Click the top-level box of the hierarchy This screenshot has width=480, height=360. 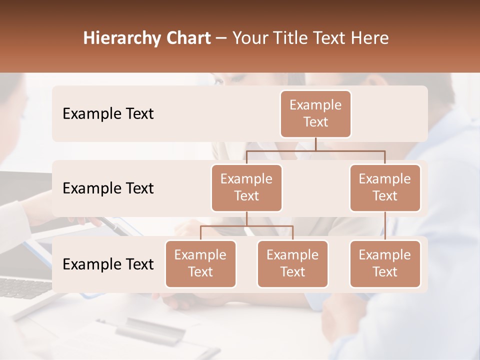(x=315, y=113)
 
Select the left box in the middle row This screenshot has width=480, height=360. (x=246, y=187)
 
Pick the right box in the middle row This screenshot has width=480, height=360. (x=385, y=187)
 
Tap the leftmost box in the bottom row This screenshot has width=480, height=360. (x=200, y=263)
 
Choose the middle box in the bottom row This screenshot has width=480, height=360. (x=292, y=263)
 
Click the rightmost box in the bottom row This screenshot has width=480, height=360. (x=385, y=263)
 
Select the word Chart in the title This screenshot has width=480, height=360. (x=186, y=38)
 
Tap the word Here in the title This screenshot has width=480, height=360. (x=370, y=38)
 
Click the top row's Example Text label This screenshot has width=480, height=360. (x=108, y=114)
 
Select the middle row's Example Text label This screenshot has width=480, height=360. (x=108, y=188)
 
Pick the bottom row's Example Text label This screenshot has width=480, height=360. (x=108, y=264)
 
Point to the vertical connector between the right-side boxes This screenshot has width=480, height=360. (x=385, y=226)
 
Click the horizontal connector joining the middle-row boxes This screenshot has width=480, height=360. (x=315, y=150)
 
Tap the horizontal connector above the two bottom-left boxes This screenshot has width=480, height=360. (x=246, y=226)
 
